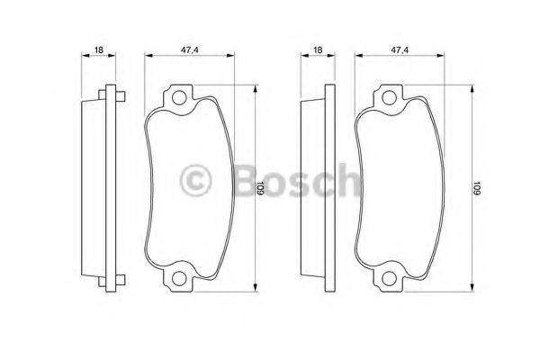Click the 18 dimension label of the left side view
[x=99, y=50]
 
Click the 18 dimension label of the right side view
[x=318, y=50]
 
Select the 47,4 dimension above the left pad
[x=190, y=50]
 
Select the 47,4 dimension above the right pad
[x=400, y=50]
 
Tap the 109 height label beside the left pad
[x=260, y=188]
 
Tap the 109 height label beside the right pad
[x=476, y=188]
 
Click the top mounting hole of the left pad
[x=179, y=98]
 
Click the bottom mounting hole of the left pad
[x=179, y=278]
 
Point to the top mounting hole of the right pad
[x=389, y=98]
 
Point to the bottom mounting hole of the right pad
[x=389, y=278]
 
